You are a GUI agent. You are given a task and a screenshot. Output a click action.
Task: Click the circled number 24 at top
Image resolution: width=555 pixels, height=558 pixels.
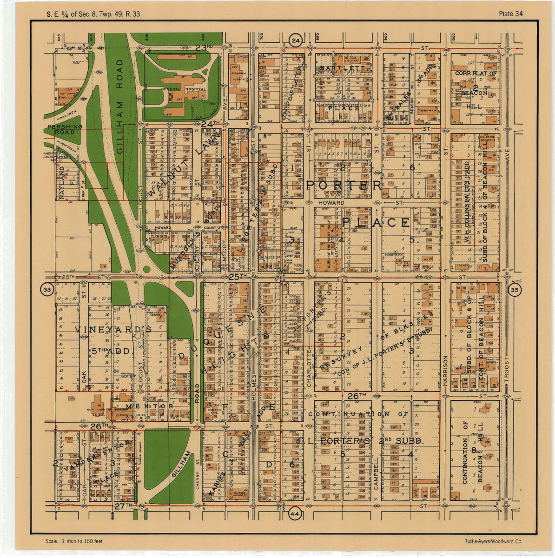[296, 41]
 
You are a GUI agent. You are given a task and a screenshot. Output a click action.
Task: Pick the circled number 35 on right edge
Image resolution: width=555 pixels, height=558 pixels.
[515, 290]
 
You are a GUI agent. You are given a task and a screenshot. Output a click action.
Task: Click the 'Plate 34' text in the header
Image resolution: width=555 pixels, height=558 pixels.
[510, 14]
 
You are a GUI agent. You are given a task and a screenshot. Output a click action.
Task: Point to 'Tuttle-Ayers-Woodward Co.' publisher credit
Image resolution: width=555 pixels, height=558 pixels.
[493, 541]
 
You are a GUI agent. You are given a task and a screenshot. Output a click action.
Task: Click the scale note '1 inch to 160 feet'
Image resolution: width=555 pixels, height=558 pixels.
[74, 541]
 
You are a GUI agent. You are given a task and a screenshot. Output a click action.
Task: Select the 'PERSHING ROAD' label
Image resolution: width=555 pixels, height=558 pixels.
[65, 129]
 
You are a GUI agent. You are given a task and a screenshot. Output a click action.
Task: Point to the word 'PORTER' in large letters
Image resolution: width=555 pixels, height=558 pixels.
[344, 185]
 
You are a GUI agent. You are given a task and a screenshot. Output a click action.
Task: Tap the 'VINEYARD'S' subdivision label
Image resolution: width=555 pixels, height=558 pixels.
[113, 329]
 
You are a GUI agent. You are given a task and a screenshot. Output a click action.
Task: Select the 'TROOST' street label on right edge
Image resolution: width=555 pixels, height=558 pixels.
[507, 372]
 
